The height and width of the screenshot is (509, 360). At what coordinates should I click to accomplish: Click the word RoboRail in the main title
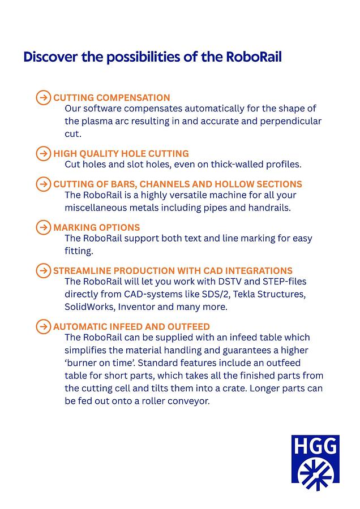pos(253,57)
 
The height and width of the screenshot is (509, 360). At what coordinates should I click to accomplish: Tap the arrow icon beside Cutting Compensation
pos(43,97)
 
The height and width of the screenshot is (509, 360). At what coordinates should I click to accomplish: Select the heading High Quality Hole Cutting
pos(121,153)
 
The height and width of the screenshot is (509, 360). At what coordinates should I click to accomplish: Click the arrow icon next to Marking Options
pos(43,227)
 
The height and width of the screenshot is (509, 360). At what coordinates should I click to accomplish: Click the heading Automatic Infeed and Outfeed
pos(131,326)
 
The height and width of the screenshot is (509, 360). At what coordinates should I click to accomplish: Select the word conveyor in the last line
pos(189,401)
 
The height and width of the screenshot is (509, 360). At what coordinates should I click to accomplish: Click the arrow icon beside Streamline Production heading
pos(43,270)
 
